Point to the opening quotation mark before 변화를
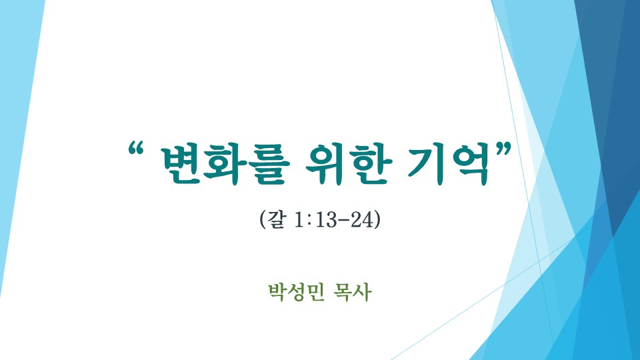click(x=136, y=149)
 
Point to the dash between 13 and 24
click(x=344, y=221)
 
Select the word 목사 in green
click(x=353, y=292)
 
